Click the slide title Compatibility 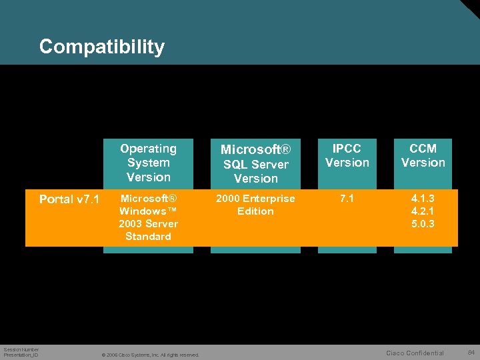click(101, 47)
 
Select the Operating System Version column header click(148, 163)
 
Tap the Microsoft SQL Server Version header click(255, 164)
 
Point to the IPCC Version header click(347, 155)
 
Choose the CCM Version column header click(423, 155)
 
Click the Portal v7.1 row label click(69, 199)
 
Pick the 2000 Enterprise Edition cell click(255, 205)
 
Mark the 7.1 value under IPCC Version click(347, 199)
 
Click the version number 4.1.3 click(423, 199)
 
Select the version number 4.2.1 click(423, 211)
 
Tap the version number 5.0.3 click(423, 224)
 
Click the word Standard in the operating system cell click(148, 237)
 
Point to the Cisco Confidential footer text click(415, 353)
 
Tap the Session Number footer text click(21, 349)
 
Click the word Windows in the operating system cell click(143, 211)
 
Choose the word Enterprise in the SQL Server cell click(269, 199)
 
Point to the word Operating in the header click(148, 149)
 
